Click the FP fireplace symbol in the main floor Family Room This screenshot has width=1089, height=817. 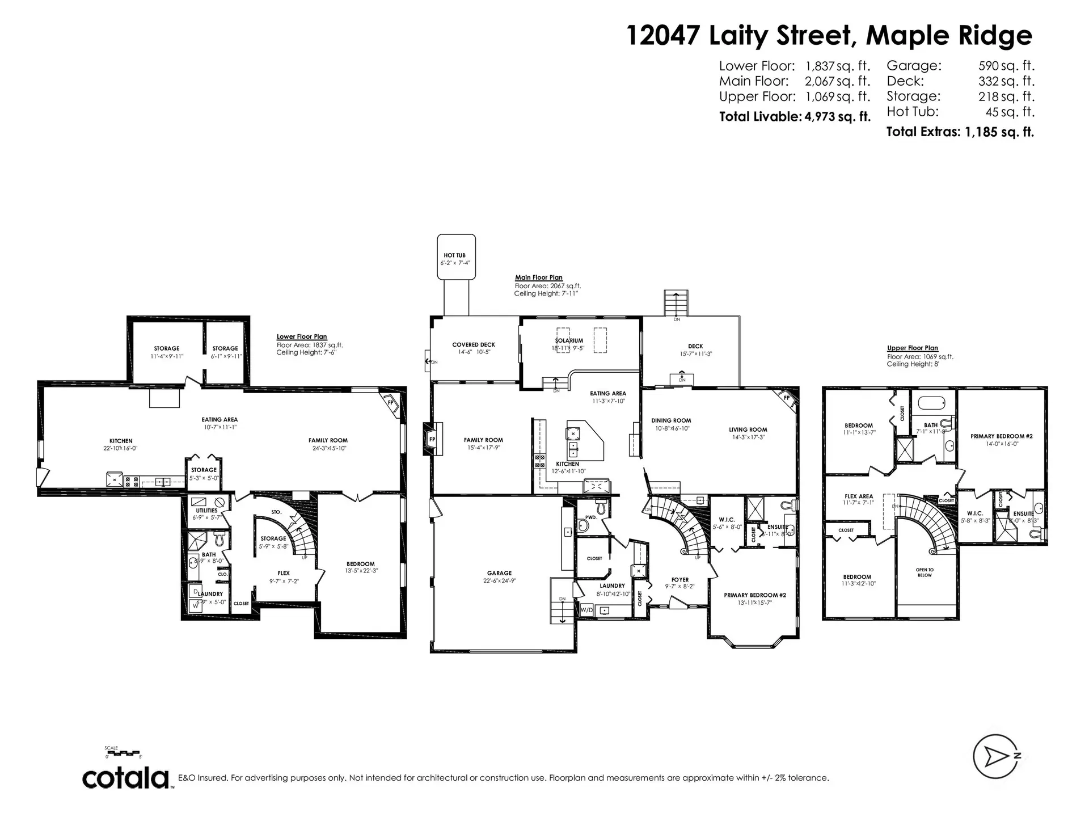click(432, 440)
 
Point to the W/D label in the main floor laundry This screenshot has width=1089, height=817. click(586, 610)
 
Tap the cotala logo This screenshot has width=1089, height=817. click(126, 778)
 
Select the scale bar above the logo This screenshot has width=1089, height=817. click(123, 753)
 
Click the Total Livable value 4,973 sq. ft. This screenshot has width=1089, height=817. click(838, 117)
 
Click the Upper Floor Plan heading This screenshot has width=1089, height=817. click(912, 348)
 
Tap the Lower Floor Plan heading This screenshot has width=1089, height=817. click(301, 337)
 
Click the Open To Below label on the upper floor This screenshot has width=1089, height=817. click(925, 572)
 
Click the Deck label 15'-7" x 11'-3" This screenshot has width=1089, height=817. click(695, 349)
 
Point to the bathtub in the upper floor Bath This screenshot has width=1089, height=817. click(932, 405)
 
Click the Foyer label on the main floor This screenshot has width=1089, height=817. click(679, 583)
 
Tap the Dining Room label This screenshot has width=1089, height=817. click(671, 424)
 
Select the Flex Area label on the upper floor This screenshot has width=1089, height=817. click(858, 499)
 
